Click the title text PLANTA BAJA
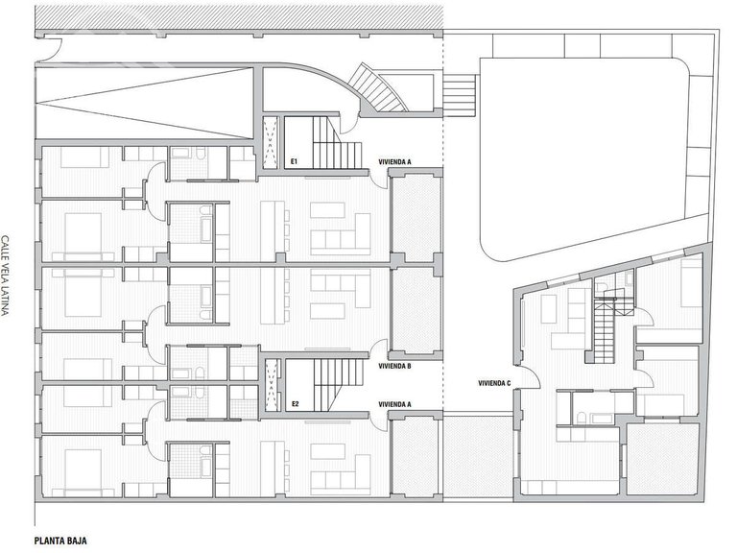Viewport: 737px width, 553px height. click(x=60, y=541)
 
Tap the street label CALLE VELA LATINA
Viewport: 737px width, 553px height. click(x=5, y=276)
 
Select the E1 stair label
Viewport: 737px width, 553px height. click(x=295, y=162)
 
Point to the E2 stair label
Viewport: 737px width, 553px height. click(x=296, y=403)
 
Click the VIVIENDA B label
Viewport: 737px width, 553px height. click(x=394, y=366)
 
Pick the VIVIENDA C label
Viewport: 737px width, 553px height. click(x=494, y=383)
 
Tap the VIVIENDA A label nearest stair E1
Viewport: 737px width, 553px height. click(x=394, y=162)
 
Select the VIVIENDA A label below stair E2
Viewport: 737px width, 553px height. click(x=394, y=404)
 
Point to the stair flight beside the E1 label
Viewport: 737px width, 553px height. click(x=336, y=143)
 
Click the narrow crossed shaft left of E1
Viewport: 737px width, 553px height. click(x=271, y=143)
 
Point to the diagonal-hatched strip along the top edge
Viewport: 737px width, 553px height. click(x=239, y=17)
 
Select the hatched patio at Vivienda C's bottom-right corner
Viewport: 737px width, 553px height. click(x=663, y=459)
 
